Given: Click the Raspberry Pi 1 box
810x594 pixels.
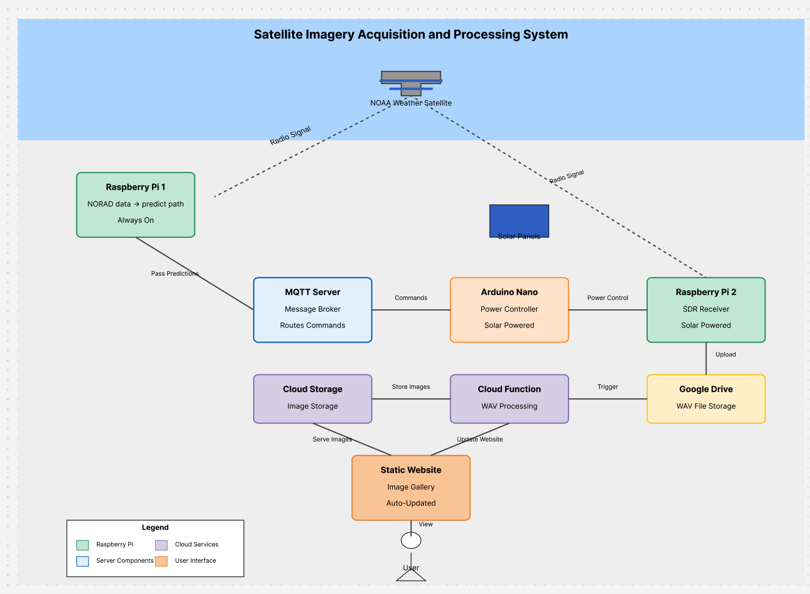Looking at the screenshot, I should tap(135, 205).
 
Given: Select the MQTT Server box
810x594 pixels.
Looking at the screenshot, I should tap(312, 310).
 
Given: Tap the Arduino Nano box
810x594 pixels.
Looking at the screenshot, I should tap(509, 310).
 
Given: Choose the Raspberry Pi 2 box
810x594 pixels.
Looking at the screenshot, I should tap(706, 310).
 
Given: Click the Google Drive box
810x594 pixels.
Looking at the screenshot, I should tap(706, 399).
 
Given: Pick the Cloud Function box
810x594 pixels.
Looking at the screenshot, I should tap(509, 399).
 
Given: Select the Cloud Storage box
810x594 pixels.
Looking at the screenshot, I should tap(312, 399).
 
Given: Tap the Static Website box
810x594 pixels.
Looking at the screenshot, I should tap(410, 487).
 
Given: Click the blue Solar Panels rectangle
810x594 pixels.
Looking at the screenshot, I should tap(519, 220).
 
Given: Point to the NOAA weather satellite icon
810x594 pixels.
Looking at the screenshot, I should tap(410, 82).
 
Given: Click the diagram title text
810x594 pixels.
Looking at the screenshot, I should tap(410, 35).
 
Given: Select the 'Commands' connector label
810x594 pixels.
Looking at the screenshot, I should tap(410, 298).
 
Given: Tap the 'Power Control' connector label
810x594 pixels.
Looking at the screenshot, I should tap(607, 298).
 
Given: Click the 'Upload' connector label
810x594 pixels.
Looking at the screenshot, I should tap(725, 354).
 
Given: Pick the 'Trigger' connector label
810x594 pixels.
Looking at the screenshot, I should tap(607, 387).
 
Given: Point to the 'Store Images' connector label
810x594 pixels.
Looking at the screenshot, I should tap(410, 387).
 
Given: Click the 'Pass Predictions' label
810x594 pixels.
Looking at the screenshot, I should tap(174, 273).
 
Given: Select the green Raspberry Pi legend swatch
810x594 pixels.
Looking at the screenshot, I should tap(82, 545).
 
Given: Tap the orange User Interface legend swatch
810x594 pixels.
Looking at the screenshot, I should tap(161, 561).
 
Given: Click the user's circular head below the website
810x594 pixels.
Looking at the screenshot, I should tap(410, 540).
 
